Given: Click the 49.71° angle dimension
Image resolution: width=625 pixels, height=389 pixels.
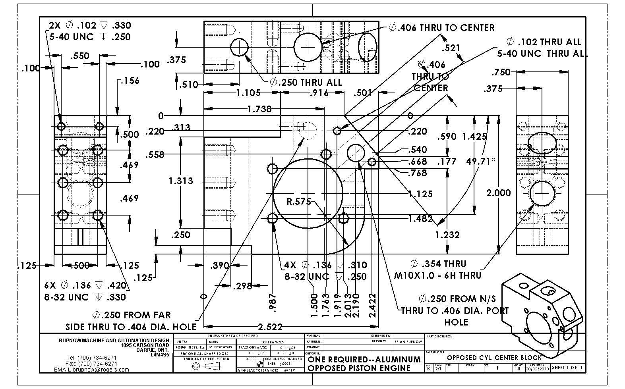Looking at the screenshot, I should (481, 162).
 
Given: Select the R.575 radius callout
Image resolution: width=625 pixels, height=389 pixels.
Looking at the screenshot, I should (299, 201).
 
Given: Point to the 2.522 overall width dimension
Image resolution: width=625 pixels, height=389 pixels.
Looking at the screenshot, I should (270, 327).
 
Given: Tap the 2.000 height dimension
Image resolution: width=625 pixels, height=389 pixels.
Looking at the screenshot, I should (498, 193).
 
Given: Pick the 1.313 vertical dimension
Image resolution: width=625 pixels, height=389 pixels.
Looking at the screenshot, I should (181, 181).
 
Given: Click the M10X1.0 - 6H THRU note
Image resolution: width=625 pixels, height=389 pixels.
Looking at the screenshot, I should (437, 275).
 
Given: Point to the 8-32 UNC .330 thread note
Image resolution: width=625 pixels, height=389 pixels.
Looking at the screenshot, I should (85, 297).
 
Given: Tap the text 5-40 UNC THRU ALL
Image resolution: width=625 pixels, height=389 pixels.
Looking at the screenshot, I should (542, 53).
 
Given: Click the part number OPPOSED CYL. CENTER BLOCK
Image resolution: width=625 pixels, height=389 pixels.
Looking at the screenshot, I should (494, 358).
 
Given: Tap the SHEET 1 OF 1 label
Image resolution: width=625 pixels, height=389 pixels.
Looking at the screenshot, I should (567, 368).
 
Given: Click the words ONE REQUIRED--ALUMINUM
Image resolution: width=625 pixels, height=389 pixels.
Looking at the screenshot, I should (364, 359).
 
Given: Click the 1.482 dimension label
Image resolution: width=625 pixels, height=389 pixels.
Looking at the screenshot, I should (420, 218).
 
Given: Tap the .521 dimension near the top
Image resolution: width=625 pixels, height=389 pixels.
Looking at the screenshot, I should (451, 48).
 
